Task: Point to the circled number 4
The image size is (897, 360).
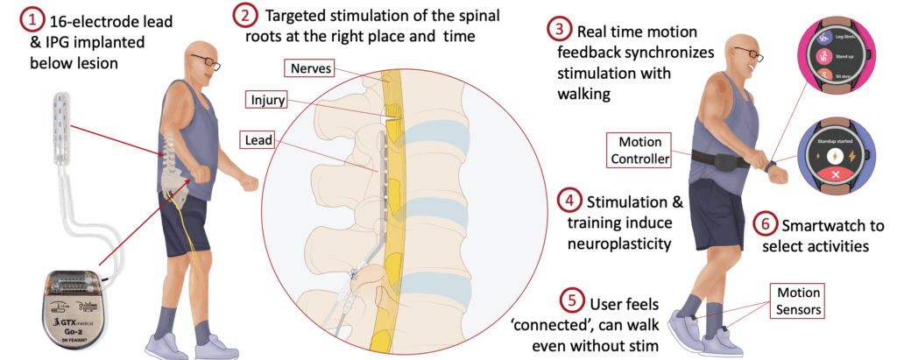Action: (569, 202)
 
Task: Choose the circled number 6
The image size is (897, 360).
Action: (765, 223)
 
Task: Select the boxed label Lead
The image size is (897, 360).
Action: (258, 139)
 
